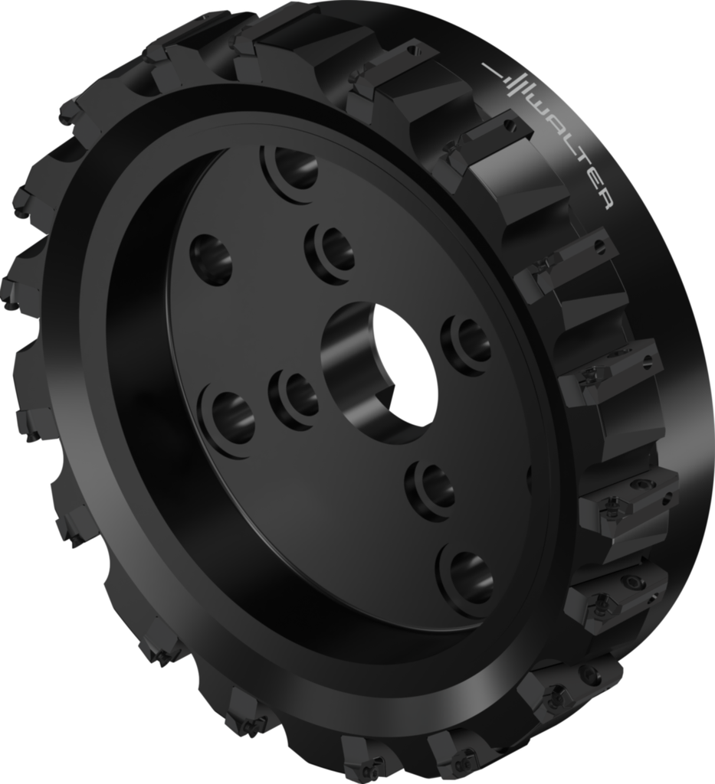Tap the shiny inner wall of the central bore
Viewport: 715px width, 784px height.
(x=349, y=367)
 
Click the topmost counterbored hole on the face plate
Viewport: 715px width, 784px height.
(x=293, y=169)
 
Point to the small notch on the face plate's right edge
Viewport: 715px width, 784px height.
(x=529, y=479)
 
